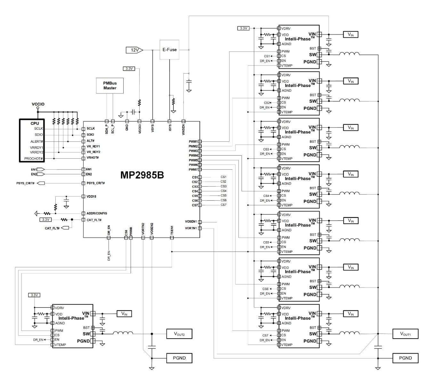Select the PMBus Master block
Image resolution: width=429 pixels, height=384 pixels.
(110, 85)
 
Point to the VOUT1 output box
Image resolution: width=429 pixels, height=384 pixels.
(405, 334)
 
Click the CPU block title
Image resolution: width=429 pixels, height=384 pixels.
(35, 123)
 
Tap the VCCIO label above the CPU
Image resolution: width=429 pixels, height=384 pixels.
(38, 104)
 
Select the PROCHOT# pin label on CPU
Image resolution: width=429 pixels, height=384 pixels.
(34, 159)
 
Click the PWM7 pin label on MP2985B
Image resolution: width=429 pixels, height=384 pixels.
(193, 170)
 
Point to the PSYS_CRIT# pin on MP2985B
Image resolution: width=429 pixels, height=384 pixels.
(96, 183)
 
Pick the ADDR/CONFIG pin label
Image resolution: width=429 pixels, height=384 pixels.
(97, 213)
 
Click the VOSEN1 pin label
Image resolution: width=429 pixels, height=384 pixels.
(191, 221)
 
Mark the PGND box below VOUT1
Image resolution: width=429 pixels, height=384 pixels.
(405, 358)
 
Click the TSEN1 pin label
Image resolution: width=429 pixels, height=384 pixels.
(172, 231)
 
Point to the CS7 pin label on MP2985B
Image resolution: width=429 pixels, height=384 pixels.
(195, 205)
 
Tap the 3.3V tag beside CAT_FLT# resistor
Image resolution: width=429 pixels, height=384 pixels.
(45, 220)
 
